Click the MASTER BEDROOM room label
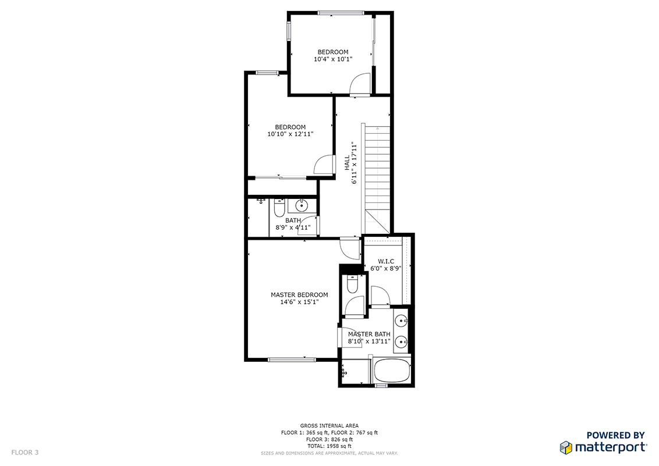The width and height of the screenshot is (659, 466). point(299,295)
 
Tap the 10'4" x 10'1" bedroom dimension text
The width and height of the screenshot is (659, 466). point(333,59)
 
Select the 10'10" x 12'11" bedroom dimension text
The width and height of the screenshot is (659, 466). point(290,134)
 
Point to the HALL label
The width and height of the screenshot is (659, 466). point(347,163)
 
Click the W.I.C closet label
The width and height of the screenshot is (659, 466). point(386,261)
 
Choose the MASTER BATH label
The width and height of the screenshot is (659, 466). point(369,334)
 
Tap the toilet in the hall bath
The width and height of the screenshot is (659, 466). point(279,208)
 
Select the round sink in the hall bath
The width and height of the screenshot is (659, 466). point(302,206)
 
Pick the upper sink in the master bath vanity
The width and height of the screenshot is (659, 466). point(402,321)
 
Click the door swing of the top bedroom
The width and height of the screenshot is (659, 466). point(360,84)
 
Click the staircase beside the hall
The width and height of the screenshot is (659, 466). point(377,179)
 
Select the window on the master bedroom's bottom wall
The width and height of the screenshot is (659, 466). point(292,360)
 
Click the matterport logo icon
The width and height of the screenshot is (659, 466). point(566,447)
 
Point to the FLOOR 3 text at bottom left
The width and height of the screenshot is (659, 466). point(25,453)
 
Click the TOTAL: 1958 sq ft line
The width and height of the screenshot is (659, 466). point(329,446)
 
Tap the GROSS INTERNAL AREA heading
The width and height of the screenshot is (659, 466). point(329,426)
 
